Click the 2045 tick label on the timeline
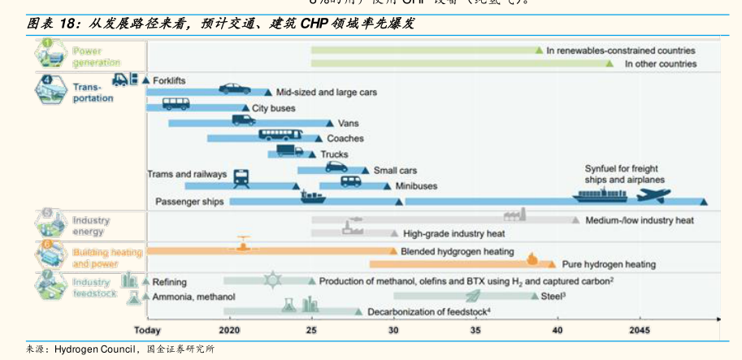click(640, 330)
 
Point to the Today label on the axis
click(147, 330)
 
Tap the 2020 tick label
click(230, 330)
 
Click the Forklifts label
click(169, 80)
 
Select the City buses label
click(273, 108)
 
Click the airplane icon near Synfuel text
click(653, 195)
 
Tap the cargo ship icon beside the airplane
click(600, 195)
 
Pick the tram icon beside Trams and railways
click(241, 177)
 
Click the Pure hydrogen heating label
click(609, 264)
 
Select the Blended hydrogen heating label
click(458, 252)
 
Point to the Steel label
click(553, 297)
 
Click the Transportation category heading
click(93, 93)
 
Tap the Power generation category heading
click(96, 57)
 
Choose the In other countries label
click(660, 63)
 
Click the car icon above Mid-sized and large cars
click(234, 89)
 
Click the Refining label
click(170, 282)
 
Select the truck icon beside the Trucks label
click(289, 150)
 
